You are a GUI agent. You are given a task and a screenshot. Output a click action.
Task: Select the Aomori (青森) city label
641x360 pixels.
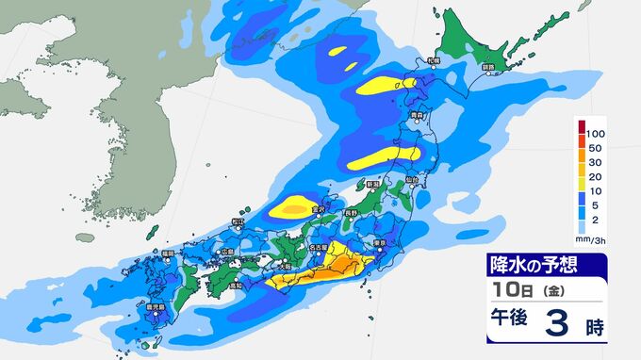[x=417, y=115]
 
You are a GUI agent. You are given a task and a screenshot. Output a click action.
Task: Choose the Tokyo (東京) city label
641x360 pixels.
[x=382, y=243]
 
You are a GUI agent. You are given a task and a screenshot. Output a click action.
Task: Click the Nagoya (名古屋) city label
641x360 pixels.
[x=320, y=247]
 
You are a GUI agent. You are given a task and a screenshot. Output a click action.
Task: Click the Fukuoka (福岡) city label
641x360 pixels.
[x=167, y=253]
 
